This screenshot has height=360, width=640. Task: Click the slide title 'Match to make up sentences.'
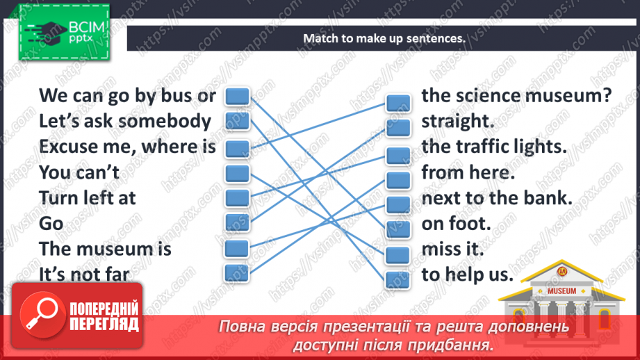[x=384, y=38]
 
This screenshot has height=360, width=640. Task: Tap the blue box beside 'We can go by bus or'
[x=237, y=97]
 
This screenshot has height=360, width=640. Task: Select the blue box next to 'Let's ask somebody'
[x=237, y=121]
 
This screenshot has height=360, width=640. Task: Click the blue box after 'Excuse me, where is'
[x=237, y=149]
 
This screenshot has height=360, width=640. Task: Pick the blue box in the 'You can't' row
[x=237, y=174]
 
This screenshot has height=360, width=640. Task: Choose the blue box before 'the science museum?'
[x=398, y=103]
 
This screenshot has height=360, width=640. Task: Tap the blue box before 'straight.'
[x=398, y=128]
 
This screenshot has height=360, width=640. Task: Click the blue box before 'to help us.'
[x=398, y=280]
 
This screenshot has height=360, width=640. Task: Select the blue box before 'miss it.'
[x=398, y=255]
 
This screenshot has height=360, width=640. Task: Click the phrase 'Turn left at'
[x=88, y=198]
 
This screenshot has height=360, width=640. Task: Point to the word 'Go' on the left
[x=51, y=224]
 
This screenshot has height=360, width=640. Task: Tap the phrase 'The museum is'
[x=105, y=249]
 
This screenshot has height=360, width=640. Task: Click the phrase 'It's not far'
[x=84, y=275]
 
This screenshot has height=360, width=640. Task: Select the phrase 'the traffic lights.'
[x=494, y=147]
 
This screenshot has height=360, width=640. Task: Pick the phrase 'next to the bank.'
[x=497, y=198]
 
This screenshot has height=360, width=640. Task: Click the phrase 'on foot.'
[x=456, y=224]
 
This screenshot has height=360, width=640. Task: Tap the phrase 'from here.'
[x=468, y=172]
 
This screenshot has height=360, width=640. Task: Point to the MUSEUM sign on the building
[x=561, y=291]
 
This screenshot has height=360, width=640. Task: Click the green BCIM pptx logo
[x=64, y=33]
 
